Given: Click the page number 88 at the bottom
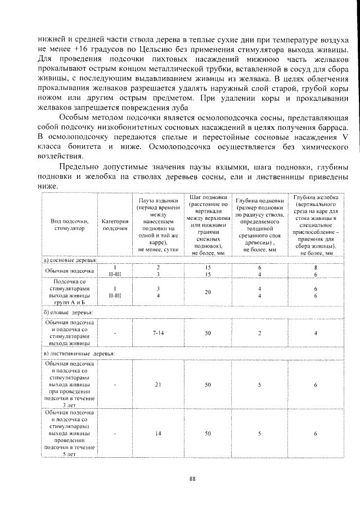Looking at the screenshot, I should pos(192,479).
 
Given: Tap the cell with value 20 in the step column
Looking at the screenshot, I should pos(208,292).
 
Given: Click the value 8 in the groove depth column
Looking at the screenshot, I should pos(316,268).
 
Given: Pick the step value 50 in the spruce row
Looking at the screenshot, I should pos(208,333).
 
